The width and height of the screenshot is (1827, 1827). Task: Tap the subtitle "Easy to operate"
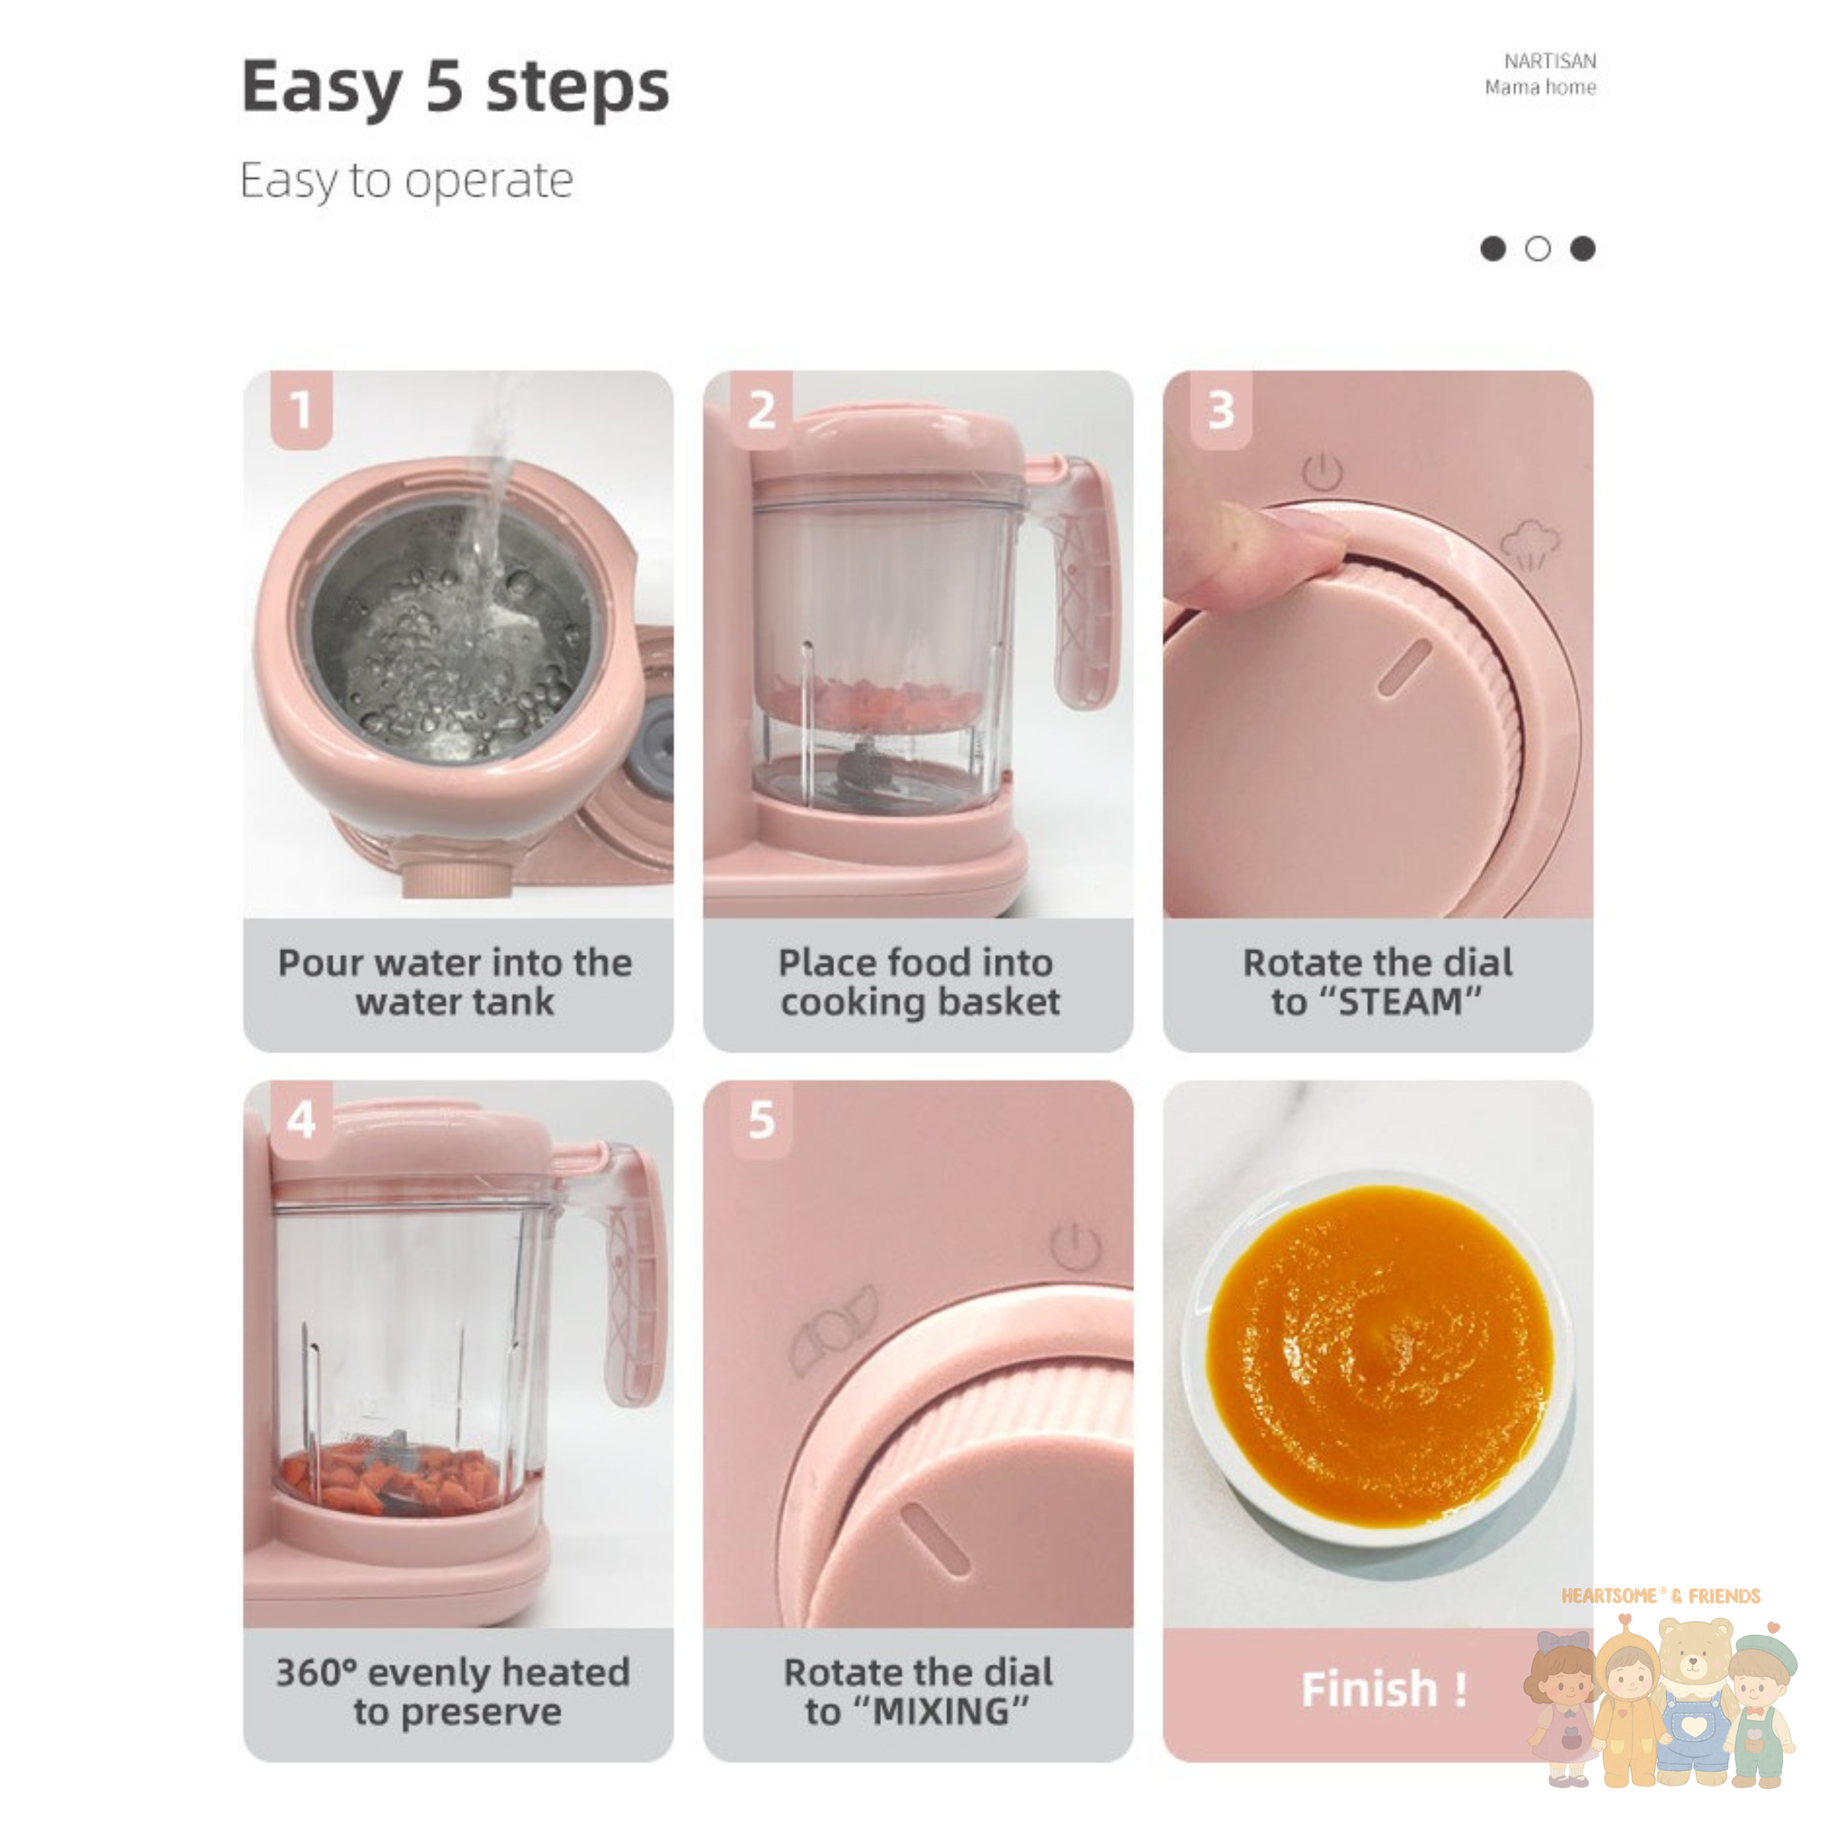407,180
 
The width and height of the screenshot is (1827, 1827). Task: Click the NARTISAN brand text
1549,62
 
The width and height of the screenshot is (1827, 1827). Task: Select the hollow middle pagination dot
1538,249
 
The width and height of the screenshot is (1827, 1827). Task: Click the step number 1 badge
301,410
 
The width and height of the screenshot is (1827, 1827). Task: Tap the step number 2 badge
761,410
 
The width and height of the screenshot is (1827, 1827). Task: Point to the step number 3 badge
1221,410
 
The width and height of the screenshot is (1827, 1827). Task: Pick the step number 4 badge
301,1119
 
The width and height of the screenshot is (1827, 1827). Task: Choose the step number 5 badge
761,1119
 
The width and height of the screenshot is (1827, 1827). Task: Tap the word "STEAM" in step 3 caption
1401,1002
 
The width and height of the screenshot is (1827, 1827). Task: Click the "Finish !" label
1383,1689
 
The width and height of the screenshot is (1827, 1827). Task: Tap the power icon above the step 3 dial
1322,472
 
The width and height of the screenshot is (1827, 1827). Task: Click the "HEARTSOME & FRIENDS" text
1660,1596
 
